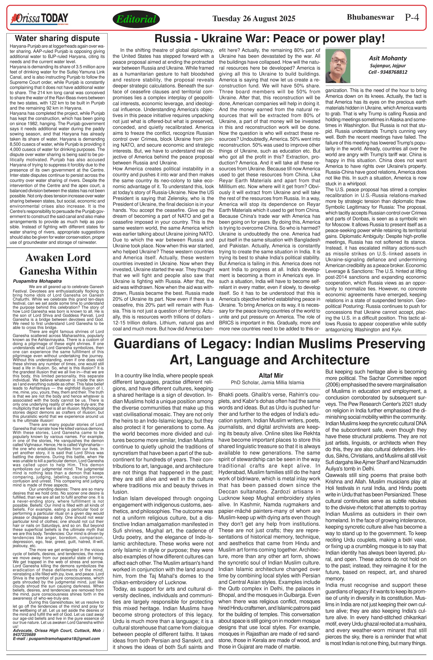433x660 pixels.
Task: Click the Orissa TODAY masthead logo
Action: click(39, 19)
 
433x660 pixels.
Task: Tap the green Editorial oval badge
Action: click(136, 19)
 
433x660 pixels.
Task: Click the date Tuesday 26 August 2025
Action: click(254, 19)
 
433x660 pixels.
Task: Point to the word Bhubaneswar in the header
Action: click(370, 17)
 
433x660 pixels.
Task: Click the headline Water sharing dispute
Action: click(57, 38)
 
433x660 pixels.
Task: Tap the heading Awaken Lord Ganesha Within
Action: click(58, 264)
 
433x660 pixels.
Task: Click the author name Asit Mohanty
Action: click(387, 58)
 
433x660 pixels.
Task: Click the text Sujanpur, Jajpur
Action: click(387, 66)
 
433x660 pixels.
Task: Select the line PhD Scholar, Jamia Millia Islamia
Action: click(267, 383)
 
